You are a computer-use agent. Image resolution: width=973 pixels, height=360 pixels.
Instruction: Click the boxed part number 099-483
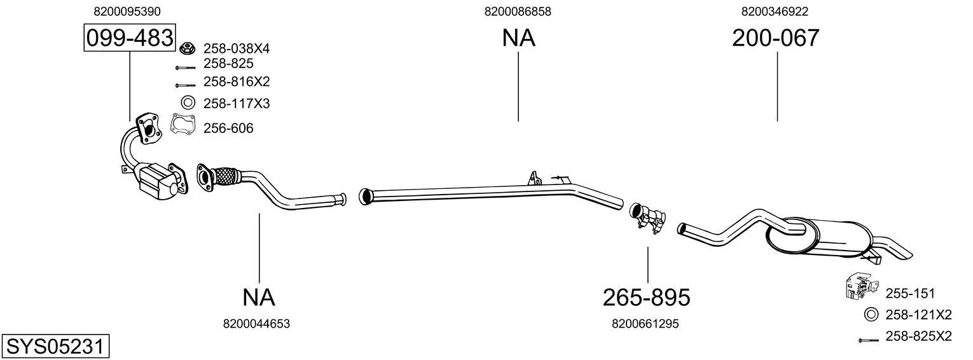click(129, 38)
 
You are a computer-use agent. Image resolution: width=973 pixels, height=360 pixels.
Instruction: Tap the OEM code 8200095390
click(127, 11)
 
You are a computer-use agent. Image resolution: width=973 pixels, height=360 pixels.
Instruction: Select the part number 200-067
click(775, 38)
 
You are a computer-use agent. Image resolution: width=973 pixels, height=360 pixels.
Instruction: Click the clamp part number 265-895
click(646, 297)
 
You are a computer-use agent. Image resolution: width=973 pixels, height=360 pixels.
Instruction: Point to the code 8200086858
click(518, 11)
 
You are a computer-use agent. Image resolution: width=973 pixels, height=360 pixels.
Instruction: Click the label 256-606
click(228, 128)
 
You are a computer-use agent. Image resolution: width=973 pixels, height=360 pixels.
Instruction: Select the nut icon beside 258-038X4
click(187, 48)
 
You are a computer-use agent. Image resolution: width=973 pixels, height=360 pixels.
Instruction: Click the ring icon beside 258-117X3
click(188, 102)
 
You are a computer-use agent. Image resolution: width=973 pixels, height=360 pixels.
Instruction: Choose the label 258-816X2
click(237, 81)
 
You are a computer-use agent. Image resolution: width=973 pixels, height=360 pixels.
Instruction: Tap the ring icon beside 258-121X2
click(871, 314)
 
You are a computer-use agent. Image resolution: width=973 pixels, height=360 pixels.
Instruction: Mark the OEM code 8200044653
click(256, 324)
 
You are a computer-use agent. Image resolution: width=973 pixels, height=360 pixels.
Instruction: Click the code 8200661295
click(645, 324)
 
